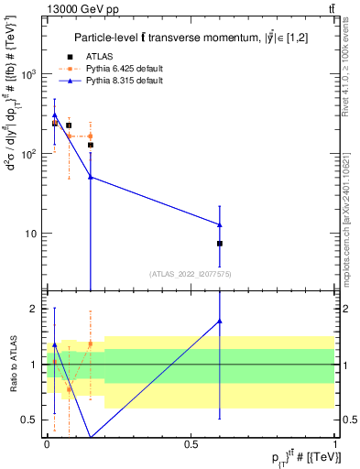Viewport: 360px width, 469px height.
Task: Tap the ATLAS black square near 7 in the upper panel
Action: tap(220, 244)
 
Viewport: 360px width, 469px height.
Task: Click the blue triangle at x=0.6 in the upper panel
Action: tap(220, 224)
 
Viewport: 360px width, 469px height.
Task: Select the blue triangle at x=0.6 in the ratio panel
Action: tap(220, 321)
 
